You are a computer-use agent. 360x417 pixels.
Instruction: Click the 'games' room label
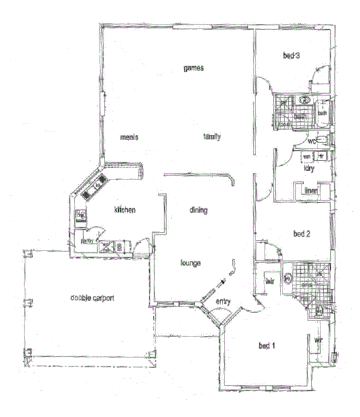coord(194,68)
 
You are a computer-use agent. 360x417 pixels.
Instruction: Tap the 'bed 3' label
coord(291,56)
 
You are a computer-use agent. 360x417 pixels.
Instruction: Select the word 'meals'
coord(129,137)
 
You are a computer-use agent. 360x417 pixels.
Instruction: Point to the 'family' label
coord(212,137)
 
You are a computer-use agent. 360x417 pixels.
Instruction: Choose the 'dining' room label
coord(198,210)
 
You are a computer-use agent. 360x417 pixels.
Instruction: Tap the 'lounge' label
coord(190,262)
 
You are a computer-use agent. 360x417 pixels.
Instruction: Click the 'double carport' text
coord(92,298)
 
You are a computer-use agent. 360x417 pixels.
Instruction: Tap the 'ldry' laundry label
coord(309,168)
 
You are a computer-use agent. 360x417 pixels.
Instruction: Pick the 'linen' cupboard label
coord(311,191)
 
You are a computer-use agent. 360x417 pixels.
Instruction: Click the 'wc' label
coord(311,141)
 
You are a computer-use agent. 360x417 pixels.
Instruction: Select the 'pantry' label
coord(87,241)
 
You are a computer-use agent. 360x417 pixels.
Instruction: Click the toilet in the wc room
coord(322,140)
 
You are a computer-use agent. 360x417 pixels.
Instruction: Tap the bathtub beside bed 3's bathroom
coord(323,111)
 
